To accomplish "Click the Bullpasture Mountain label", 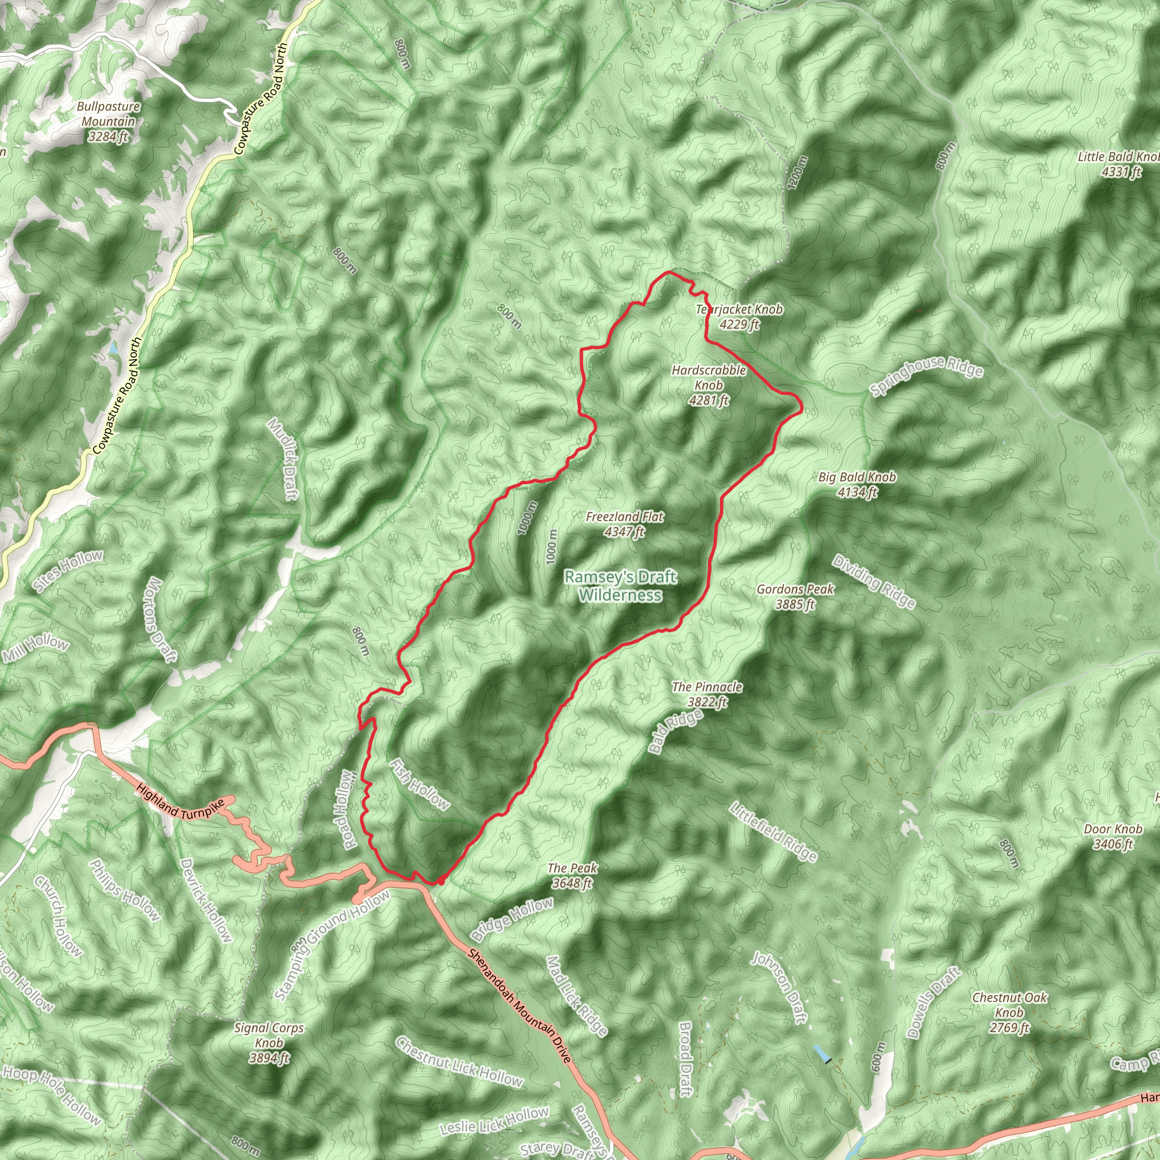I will [x=109, y=122].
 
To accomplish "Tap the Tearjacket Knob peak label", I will [x=739, y=317].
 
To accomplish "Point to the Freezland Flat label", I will [x=624, y=523].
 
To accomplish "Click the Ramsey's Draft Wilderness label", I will [x=621, y=586].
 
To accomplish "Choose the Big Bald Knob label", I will [x=857, y=484].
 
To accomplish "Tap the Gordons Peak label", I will [x=794, y=596].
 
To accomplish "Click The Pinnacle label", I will [x=707, y=694].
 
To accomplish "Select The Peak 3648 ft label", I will [x=572, y=875].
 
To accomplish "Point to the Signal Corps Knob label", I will [x=269, y=1043].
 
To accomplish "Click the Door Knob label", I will [x=1112, y=837].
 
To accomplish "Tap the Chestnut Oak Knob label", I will [x=1009, y=1012].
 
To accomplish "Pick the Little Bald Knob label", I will [x=1118, y=164].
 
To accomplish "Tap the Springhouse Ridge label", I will [x=927, y=376].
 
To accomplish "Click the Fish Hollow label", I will [x=419, y=784].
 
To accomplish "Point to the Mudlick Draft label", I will [x=283, y=459].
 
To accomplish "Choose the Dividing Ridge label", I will [x=873, y=582].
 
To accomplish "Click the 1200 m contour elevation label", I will [x=797, y=173].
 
